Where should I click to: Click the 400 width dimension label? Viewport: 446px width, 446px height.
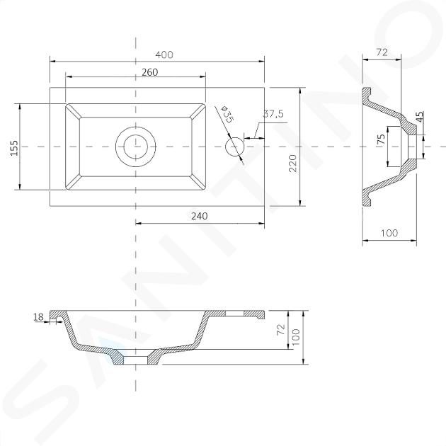click(164, 55)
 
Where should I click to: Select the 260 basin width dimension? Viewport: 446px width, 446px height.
click(149, 72)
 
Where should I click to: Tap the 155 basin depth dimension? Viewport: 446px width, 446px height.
click(14, 148)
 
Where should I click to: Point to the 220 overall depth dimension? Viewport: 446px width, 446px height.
click(292, 163)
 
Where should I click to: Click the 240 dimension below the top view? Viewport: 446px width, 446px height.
click(199, 216)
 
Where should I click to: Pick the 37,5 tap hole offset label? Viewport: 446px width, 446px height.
click(273, 114)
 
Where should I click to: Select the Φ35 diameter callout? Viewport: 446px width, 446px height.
click(227, 115)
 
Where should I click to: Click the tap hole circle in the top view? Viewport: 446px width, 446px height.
click(234, 147)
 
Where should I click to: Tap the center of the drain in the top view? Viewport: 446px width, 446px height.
click(136, 147)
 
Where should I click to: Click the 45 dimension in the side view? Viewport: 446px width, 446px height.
click(420, 116)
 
